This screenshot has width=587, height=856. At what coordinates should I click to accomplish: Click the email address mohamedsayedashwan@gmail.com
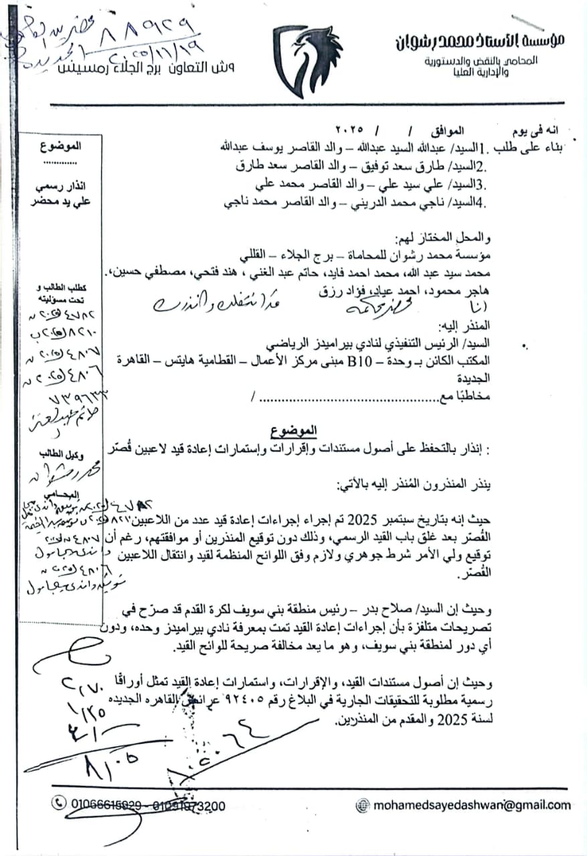[x=472, y=805]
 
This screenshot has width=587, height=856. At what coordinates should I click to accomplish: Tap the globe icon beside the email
[x=363, y=805]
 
